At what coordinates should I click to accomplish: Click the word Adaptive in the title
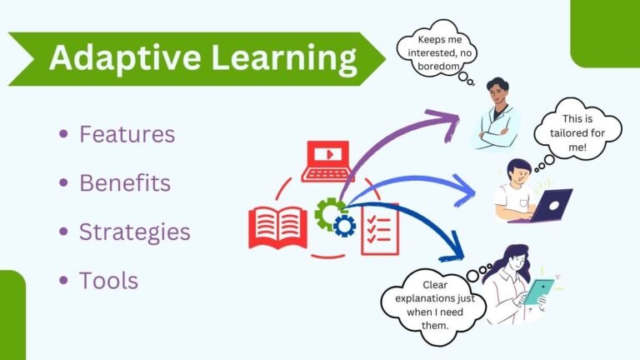(109, 58)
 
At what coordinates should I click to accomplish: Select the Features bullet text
(127, 133)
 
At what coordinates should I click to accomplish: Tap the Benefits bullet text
(125, 182)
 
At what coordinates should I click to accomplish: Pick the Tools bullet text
(108, 280)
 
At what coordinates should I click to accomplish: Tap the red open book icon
(277, 226)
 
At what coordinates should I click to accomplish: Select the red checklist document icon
(380, 228)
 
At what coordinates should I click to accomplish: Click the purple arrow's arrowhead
(451, 121)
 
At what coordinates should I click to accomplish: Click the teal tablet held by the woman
(539, 292)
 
